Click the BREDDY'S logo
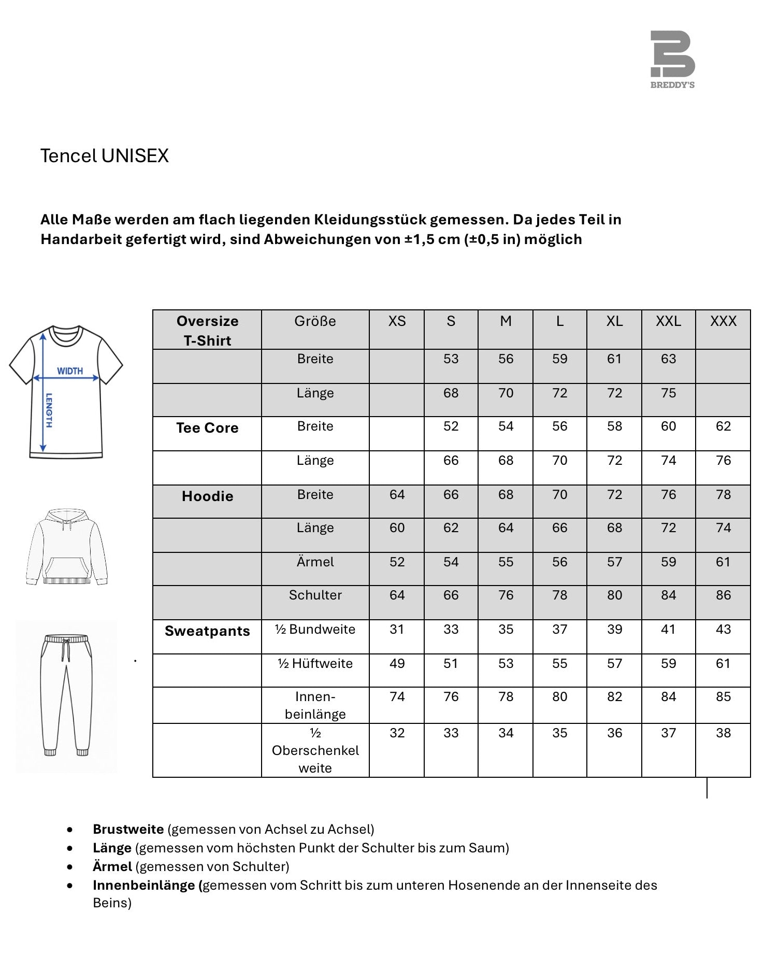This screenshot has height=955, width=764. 672,59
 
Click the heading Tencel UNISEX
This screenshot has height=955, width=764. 105,156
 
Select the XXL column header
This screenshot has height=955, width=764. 668,321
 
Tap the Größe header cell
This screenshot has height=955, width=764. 315,321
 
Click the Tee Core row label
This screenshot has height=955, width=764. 207,428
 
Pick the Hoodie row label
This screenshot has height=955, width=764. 207,496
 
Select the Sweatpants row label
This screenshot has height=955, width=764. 207,631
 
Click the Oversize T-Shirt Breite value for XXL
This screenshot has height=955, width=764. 668,359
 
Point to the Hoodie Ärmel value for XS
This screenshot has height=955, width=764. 397,562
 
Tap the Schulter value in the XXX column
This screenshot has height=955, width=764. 723,595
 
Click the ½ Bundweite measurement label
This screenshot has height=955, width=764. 315,630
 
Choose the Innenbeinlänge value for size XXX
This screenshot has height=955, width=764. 723,697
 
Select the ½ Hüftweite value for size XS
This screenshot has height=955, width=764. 397,664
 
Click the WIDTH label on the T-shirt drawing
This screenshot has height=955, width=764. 70,371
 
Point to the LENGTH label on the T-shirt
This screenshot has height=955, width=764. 49,410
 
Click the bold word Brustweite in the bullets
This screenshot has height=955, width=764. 128,829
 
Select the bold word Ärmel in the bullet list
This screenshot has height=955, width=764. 112,866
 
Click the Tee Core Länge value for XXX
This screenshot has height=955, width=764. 723,461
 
